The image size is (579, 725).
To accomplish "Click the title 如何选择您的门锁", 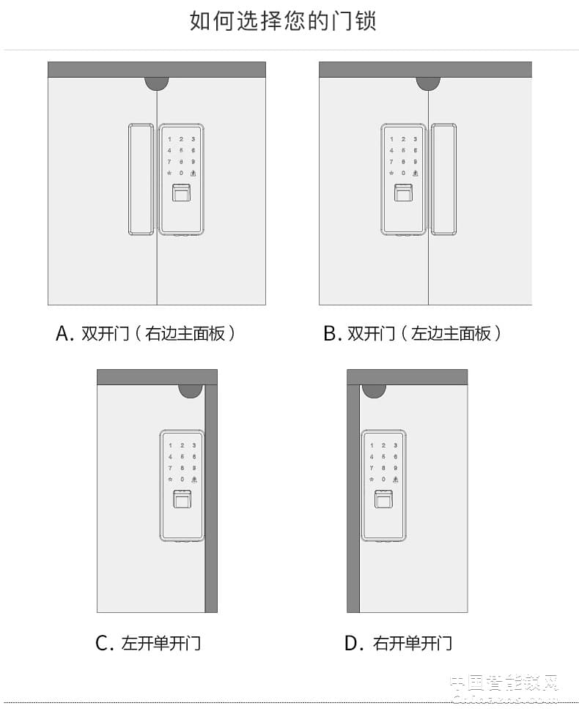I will click(x=283, y=21).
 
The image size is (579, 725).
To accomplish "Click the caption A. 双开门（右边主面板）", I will click(x=146, y=334).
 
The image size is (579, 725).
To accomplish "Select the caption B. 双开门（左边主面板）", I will click(x=413, y=334).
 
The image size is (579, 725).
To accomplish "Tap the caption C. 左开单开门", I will click(x=148, y=644).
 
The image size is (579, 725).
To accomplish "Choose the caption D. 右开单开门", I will click(x=398, y=644).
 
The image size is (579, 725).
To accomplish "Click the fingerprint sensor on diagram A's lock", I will click(x=181, y=194).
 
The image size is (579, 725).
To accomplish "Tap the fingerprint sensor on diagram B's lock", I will click(x=403, y=194).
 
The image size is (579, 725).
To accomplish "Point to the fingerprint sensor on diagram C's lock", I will click(x=181, y=500).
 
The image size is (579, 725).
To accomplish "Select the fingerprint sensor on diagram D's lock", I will click(x=383, y=500).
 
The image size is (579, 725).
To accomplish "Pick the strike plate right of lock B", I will click(x=443, y=179).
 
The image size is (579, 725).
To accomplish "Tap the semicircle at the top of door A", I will click(x=157, y=83).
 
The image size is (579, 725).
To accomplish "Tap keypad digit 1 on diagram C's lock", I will click(x=170, y=445).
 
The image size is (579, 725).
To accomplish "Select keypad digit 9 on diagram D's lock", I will click(x=395, y=468).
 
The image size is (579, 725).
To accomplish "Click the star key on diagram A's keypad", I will click(x=170, y=173).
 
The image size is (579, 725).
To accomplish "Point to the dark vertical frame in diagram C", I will click(x=211, y=498).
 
